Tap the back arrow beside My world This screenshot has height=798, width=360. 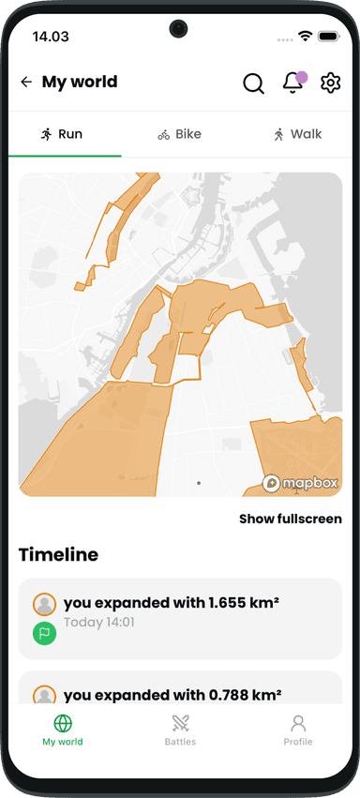click(x=25, y=83)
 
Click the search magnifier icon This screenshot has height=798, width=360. click(x=253, y=83)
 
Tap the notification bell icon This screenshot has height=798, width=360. click(x=292, y=83)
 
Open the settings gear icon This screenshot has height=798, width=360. click(x=330, y=83)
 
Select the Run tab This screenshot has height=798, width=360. click(x=62, y=134)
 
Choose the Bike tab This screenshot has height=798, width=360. click(x=179, y=134)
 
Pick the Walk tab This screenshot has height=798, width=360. click(x=297, y=134)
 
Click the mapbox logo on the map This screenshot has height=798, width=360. click(x=298, y=483)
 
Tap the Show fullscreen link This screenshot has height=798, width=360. click(x=290, y=519)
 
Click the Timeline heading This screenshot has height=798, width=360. click(x=58, y=554)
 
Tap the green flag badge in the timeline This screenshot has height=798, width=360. click(x=44, y=633)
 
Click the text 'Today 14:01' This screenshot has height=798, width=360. click(x=99, y=622)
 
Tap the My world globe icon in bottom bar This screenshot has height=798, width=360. click(x=63, y=724)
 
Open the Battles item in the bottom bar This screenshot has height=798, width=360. click(x=180, y=730)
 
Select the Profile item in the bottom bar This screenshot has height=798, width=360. click(x=298, y=730)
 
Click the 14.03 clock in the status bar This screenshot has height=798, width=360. click(x=51, y=36)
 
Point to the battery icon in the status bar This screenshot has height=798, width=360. click(x=328, y=36)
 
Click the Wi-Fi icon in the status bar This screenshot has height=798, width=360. click(x=305, y=36)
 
